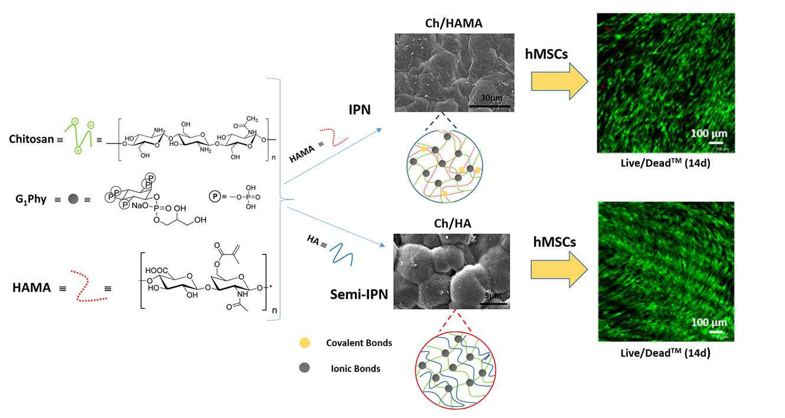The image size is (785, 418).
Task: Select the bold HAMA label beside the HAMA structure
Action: (31, 288)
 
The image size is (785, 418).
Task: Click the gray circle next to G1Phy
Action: (72, 199)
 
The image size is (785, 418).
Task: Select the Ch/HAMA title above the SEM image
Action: (452, 25)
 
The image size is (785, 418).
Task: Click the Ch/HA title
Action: (452, 225)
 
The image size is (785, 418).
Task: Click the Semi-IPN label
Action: (359, 293)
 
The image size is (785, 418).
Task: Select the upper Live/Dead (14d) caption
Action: (665, 164)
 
